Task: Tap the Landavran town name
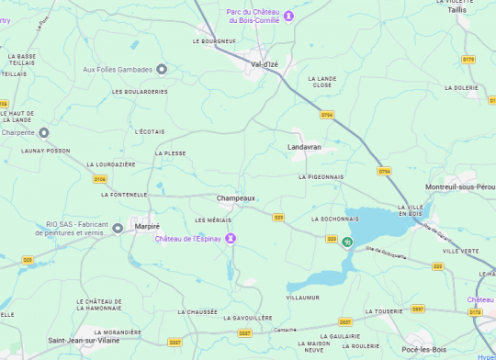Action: click(304, 147)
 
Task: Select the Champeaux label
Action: click(235, 198)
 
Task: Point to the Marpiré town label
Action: click(147, 226)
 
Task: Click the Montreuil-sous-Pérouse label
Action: click(460, 186)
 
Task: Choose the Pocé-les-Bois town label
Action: click(423, 350)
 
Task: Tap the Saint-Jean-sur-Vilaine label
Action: click(84, 340)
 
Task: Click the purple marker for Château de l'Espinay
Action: click(231, 239)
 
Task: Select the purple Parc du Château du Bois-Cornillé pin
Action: click(288, 16)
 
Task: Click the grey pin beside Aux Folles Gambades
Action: click(162, 69)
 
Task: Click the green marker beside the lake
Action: click(346, 242)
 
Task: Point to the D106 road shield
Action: click(100, 179)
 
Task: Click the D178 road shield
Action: click(475, 312)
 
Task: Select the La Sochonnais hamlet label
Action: click(334, 219)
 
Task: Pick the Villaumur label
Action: click(302, 298)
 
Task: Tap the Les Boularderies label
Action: click(140, 92)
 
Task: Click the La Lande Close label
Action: click(322, 82)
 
